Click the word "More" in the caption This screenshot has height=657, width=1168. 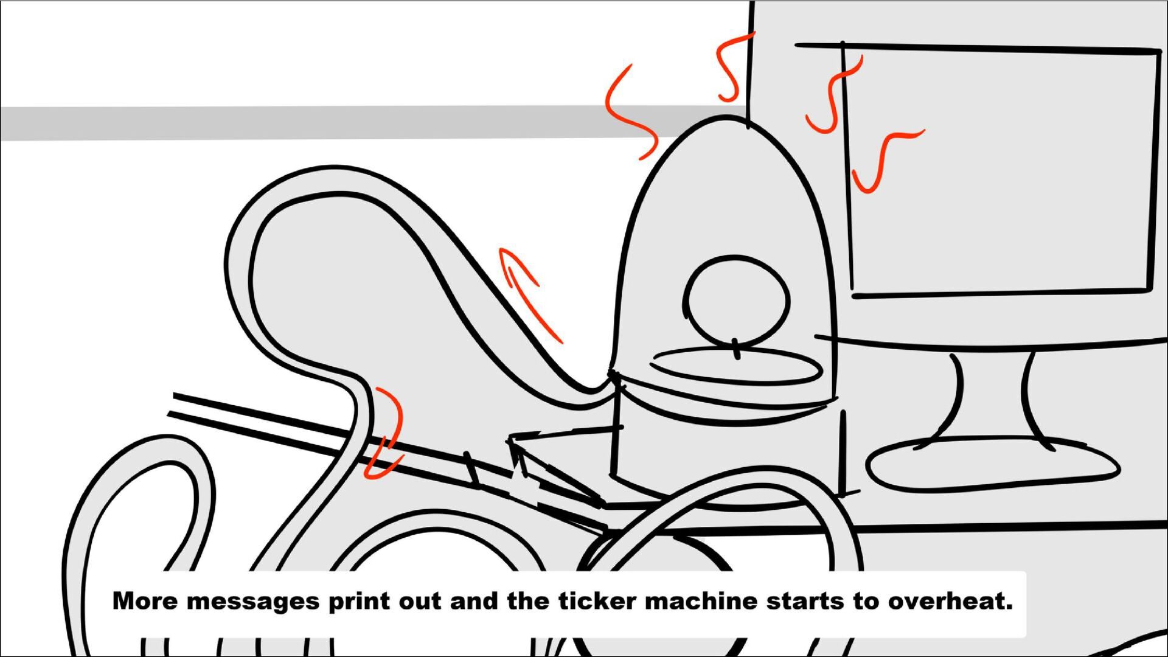145,601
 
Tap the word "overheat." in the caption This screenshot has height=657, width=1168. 950,601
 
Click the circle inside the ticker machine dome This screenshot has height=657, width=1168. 736,301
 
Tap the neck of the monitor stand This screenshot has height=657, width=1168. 992,395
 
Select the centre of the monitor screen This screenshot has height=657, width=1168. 1001,172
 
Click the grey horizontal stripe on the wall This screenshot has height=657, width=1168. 365,123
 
